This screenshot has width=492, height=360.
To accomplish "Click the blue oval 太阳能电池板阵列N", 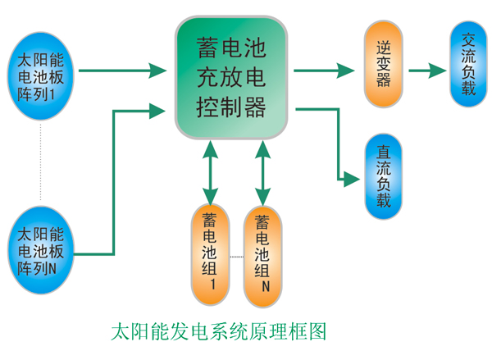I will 39,249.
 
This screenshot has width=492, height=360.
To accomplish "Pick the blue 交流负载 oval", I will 468,65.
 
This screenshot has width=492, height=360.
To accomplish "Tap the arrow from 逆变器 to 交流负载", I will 426,71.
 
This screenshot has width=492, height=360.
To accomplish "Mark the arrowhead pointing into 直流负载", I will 354,177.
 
